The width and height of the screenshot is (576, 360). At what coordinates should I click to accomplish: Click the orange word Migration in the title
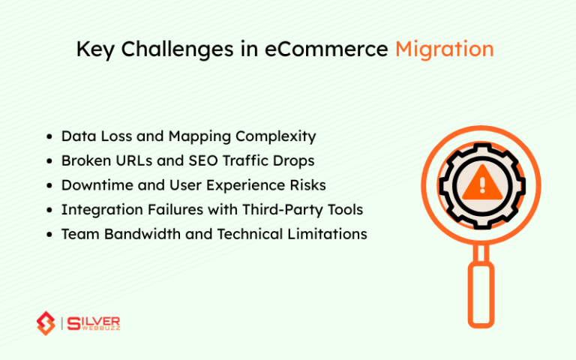click(444, 49)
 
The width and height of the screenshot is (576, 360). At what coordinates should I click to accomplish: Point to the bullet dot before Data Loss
click(49, 137)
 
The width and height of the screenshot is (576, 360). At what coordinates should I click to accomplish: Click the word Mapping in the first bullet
click(202, 136)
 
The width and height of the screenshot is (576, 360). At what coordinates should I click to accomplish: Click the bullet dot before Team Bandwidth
click(49, 235)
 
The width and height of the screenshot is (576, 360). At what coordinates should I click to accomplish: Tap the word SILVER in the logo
click(94, 319)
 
